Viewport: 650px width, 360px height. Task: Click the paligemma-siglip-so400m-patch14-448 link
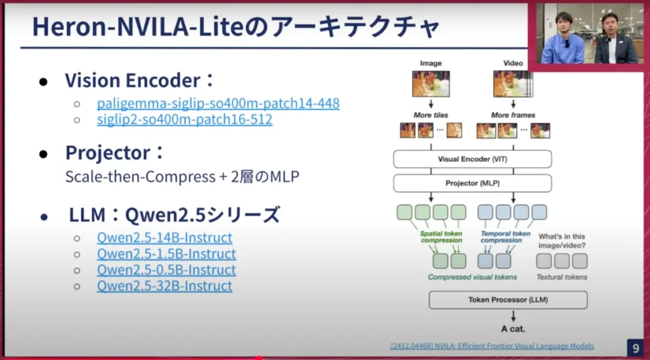coord(218,103)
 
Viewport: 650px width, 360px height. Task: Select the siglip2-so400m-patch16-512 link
coord(185,119)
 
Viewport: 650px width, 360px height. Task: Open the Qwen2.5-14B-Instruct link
coord(164,237)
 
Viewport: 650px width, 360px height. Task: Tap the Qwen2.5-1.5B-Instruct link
coord(166,254)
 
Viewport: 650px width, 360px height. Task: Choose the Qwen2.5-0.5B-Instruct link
coord(166,270)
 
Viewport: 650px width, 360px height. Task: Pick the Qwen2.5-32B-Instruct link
coord(164,286)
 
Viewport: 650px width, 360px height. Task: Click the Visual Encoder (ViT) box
coord(472,159)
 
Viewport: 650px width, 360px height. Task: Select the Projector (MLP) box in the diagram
coord(472,183)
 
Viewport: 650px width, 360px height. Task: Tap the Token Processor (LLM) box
coord(508,300)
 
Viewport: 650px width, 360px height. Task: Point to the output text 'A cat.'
coord(513,329)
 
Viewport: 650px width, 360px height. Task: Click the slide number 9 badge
coord(635,347)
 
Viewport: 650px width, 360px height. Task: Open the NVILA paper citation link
coord(492,346)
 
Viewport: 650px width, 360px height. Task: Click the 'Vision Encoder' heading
coord(133,81)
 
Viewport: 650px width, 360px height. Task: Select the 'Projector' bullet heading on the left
coord(108,152)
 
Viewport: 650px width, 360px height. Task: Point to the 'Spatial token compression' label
coord(441,237)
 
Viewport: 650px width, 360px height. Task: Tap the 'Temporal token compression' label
coord(505,237)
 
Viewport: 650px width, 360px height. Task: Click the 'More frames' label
coord(513,115)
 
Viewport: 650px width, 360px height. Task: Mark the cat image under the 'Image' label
coord(431,84)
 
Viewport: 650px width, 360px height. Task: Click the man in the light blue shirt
coord(562,39)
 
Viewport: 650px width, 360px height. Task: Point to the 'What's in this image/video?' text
coord(562,241)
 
